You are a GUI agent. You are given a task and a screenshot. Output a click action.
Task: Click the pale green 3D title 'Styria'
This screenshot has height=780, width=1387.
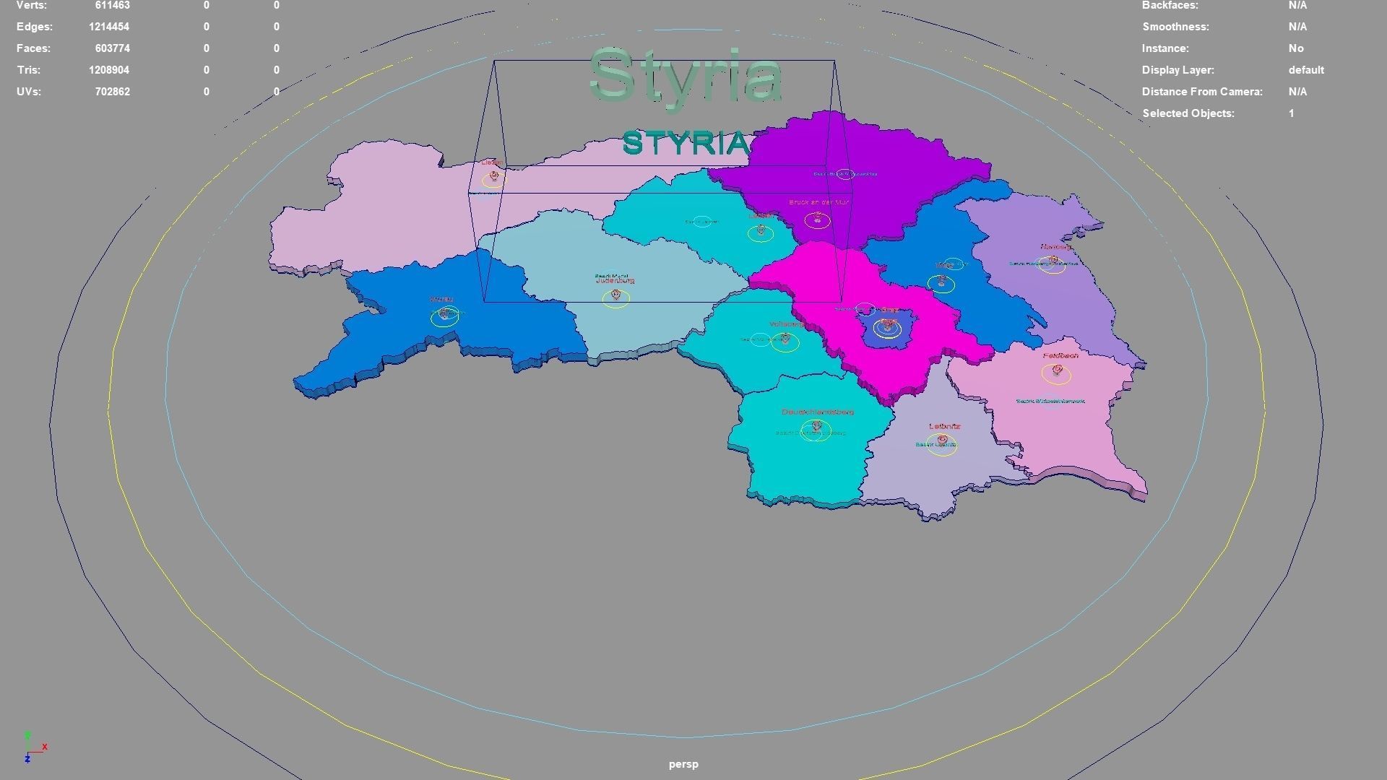pos(686,76)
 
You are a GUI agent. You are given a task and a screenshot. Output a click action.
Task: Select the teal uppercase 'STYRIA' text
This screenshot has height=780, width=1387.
pos(686,143)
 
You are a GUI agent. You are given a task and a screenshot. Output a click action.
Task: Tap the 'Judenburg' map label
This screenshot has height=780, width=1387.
pos(615,281)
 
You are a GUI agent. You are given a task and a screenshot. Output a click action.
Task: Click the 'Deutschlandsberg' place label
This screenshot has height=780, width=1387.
pos(818,412)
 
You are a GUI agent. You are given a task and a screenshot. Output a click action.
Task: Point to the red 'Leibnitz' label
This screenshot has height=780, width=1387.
pos(944,427)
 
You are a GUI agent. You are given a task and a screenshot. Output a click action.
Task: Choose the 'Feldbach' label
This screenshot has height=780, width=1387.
pos(1060,356)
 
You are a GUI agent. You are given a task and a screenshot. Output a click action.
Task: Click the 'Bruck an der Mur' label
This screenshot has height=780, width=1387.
pos(818,203)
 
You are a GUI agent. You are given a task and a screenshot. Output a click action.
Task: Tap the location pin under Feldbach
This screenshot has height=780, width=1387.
pos(1057,371)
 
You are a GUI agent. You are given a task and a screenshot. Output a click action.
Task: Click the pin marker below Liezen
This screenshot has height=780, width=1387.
pos(494,176)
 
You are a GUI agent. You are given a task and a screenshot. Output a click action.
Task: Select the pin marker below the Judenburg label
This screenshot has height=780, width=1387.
pos(615,295)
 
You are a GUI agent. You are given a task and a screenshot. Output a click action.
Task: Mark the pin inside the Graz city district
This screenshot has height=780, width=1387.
pos(887,325)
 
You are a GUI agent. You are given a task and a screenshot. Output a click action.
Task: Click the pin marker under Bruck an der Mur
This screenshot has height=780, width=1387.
pos(818,217)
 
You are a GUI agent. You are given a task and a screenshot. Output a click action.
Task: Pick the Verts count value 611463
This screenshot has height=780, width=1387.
pos(112,6)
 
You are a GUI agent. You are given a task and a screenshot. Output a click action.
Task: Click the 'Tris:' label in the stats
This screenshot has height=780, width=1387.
pos(29,70)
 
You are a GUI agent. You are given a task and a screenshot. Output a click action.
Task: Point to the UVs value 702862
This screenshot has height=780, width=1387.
pos(112,92)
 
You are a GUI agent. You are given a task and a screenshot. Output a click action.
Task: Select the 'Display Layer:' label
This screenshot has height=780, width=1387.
pos(1178,70)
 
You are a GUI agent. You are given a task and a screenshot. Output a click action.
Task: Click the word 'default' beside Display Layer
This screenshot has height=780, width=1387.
pos(1305,70)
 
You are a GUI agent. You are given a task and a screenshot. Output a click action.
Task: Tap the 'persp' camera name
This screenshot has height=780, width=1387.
pos(683,764)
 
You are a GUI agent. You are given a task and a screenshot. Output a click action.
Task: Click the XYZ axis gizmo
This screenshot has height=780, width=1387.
pos(31,747)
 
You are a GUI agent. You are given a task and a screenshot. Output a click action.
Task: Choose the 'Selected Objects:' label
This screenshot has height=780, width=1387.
pos(1188,113)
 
